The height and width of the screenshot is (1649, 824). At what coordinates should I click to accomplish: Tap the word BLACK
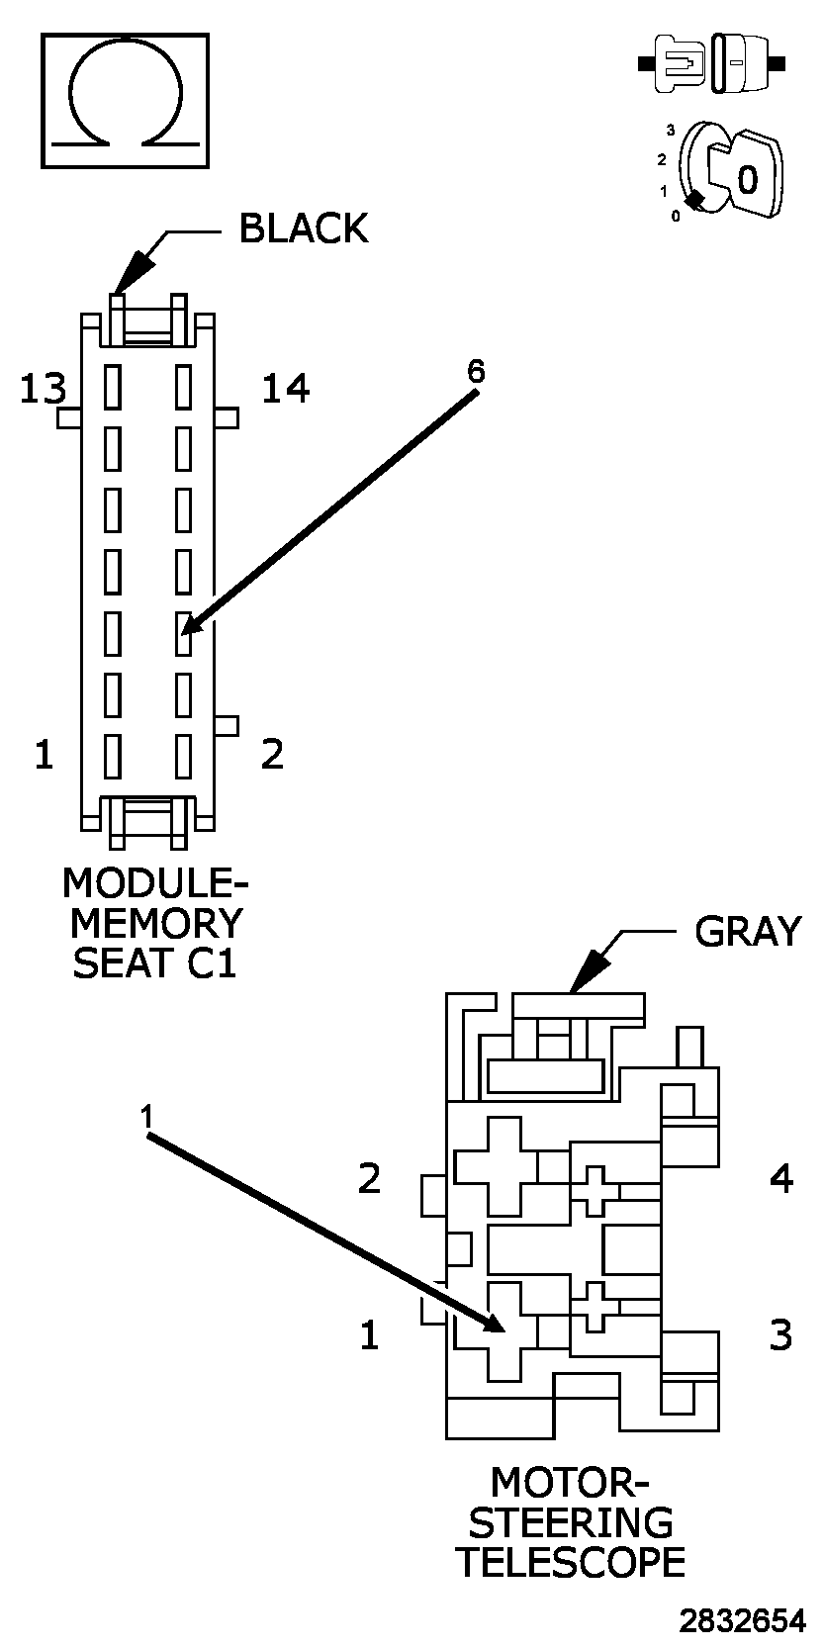coord(304,229)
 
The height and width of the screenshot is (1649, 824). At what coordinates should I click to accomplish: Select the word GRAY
coord(747,931)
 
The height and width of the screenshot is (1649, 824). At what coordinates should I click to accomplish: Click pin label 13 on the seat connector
coord(43,389)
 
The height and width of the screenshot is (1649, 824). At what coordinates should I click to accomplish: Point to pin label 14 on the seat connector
coord(285,389)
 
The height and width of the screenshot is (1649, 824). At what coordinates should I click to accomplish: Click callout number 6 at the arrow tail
coord(476,371)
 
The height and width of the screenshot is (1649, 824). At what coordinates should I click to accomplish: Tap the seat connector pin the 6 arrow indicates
coord(184,634)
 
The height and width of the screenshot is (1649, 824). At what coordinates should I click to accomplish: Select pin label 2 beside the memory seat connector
coord(272,754)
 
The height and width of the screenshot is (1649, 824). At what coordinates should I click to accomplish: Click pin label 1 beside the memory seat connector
coord(44,756)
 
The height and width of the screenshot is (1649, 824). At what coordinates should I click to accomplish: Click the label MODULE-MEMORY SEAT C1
coord(154,922)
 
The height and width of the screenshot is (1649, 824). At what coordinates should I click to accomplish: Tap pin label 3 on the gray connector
coord(780,1335)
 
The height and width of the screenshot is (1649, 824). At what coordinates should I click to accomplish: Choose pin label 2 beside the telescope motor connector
coord(369,1178)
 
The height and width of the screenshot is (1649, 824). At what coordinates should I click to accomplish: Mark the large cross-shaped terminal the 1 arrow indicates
coord(505,1330)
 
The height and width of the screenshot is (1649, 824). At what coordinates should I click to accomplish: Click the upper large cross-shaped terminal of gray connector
coord(505,1165)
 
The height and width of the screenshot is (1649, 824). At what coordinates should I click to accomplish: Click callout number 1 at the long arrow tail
coord(146,1117)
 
